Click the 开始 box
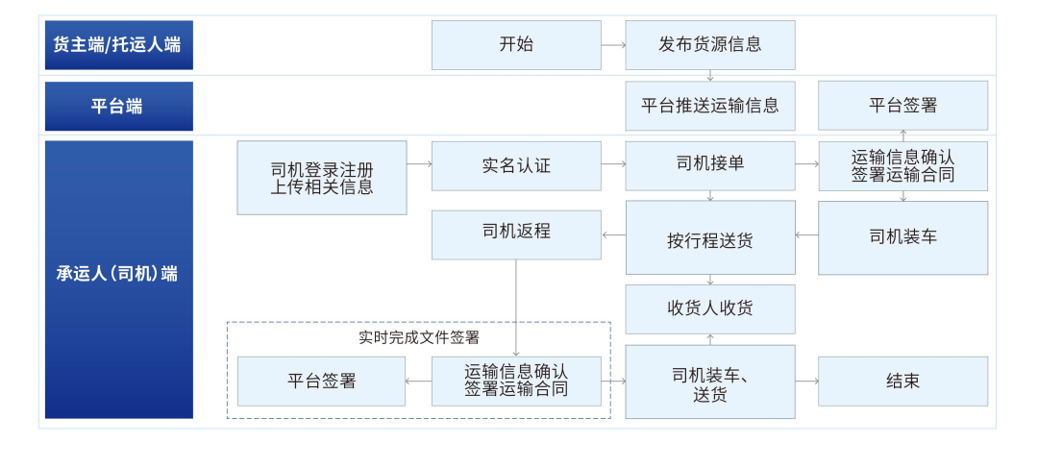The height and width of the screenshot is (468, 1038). point(516,45)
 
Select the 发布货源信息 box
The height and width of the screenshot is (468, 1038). point(710,45)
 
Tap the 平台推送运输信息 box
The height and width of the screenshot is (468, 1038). point(710,106)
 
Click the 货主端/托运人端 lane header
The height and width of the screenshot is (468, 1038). point(118,45)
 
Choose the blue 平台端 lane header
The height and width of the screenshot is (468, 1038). point(118,106)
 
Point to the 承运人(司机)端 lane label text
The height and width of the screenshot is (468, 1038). point(117,274)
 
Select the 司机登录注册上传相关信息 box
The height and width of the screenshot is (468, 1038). point(322,178)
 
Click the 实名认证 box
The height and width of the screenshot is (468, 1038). point(516,166)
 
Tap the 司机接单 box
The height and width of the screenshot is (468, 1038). point(710,165)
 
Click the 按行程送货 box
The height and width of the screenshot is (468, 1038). point(710,237)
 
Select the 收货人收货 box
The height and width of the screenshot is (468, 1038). point(710,308)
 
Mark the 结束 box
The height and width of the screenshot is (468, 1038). point(902,382)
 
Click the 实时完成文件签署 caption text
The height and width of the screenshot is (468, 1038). point(419,337)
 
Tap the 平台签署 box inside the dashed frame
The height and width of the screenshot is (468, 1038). point(322,382)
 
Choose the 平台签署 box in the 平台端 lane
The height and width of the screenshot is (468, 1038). point(902,106)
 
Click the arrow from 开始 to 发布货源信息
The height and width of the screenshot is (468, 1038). point(613,45)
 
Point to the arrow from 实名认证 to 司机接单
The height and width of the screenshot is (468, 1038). point(613,165)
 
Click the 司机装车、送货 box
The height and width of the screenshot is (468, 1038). point(710,382)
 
